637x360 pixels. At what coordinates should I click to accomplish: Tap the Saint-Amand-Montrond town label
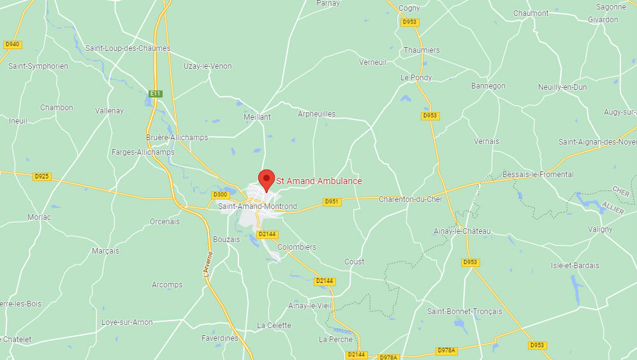coord(258,206)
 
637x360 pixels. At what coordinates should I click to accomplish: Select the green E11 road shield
coord(156,94)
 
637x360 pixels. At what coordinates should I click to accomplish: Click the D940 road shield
coord(12,45)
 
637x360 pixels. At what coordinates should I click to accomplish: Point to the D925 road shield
coord(42,176)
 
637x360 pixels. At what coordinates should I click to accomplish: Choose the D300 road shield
coord(220,195)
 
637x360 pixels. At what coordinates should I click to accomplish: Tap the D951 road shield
coord(332,202)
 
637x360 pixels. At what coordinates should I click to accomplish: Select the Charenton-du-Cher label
coord(411,199)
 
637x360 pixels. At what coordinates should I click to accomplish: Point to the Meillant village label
coord(257,117)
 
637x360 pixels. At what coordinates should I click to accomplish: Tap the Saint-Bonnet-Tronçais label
coord(464,312)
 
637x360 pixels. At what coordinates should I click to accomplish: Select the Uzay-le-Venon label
coord(208,66)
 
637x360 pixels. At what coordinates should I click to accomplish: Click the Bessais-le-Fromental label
coord(538,175)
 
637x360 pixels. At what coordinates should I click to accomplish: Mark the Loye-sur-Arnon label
coord(127,322)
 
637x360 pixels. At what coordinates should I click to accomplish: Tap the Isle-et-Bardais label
coord(575,266)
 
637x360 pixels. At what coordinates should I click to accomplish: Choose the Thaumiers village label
coord(421,50)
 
